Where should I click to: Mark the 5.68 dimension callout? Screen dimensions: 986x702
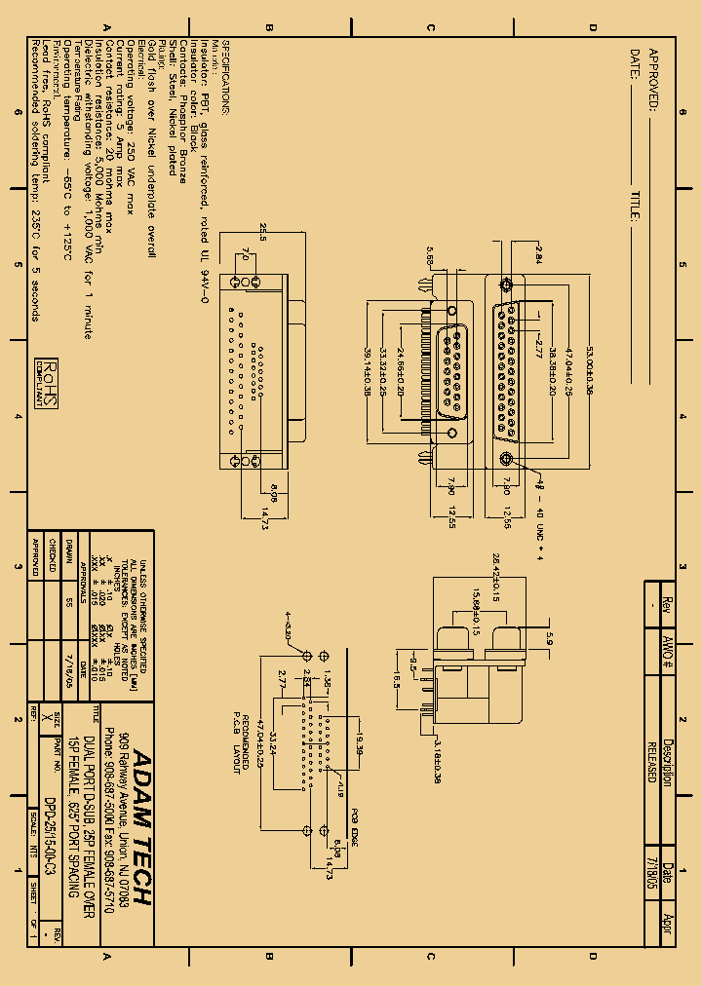click(x=430, y=257)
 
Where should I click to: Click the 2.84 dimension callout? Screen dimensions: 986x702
click(x=537, y=254)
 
